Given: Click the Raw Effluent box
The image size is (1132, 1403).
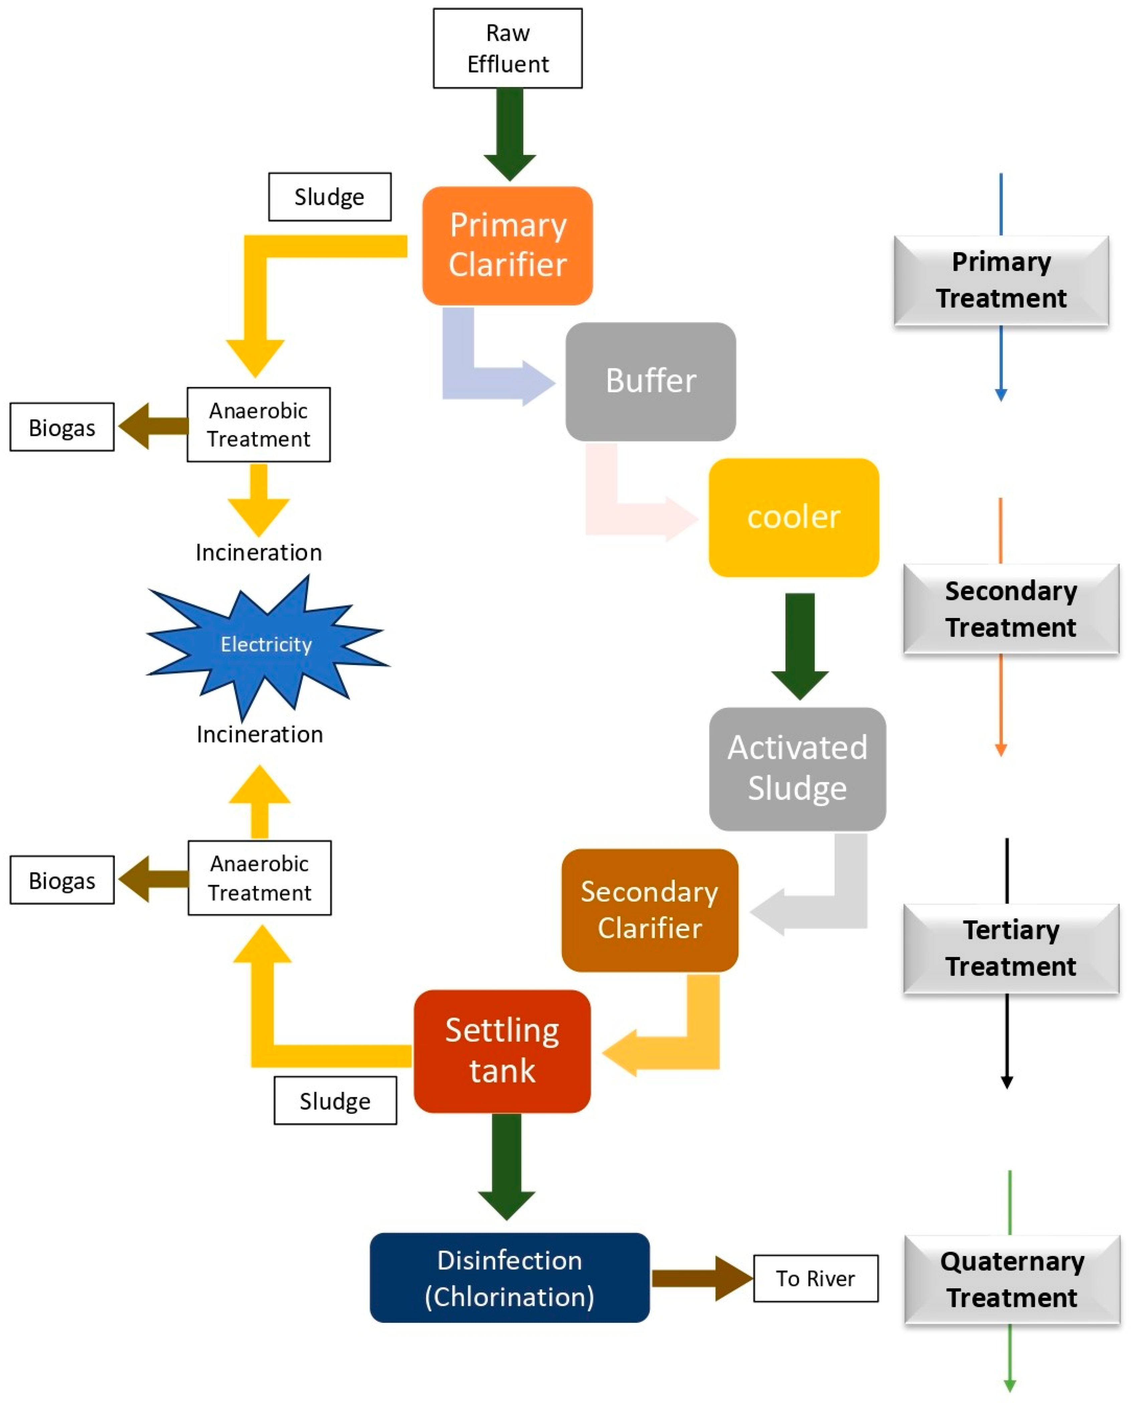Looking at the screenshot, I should [x=507, y=48].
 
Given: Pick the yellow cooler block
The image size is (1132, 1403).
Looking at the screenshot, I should [x=794, y=517].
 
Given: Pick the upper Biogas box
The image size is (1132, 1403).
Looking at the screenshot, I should [x=62, y=427].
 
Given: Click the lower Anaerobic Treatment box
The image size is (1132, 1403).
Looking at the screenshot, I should [x=260, y=877].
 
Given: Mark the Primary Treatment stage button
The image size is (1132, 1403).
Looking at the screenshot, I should [x=1001, y=280].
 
